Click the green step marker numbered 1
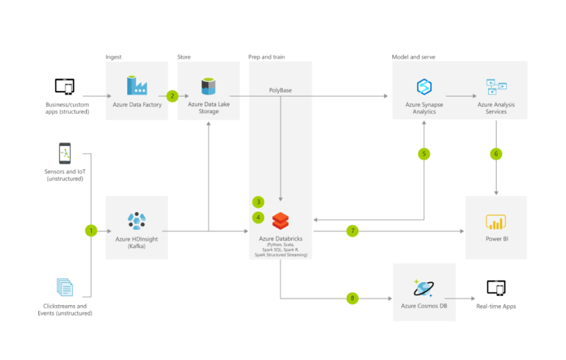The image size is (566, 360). pos(90,230)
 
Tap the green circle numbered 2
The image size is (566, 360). pos(172,95)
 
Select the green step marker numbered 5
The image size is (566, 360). pos(424,154)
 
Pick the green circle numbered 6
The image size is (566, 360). pos(496,154)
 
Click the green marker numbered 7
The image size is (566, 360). pos(353,230)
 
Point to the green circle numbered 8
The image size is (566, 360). pos(353,298)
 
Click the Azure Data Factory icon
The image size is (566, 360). pos(136,85)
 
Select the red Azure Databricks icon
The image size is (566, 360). pos(280,221)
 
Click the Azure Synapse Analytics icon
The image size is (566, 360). pos(424,87)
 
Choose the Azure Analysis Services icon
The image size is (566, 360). pos(496,86)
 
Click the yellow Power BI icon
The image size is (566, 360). pos(496,221)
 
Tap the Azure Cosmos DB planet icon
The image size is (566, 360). pos(423,288)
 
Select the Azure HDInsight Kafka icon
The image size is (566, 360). pos(136,220)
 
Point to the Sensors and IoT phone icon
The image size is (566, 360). pos(65,153)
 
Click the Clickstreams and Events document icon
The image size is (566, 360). pos(65,287)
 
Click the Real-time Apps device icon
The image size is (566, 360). pos(496,287)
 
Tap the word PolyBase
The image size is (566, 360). pos(280,90)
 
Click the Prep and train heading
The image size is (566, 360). pos(266,56)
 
